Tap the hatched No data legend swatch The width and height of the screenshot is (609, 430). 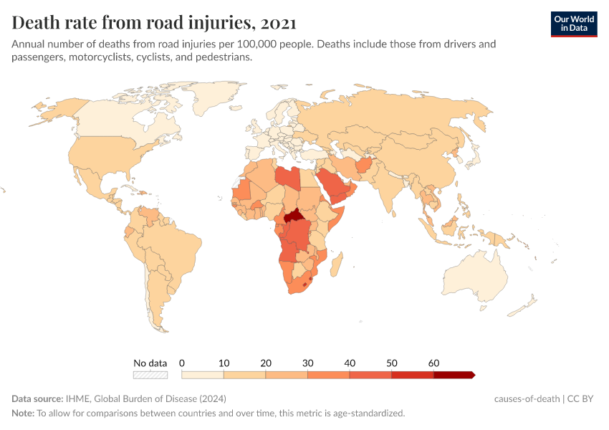150,375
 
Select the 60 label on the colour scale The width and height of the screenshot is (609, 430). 433,363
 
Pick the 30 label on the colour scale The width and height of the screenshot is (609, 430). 307,363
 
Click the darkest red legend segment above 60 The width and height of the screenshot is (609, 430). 454,375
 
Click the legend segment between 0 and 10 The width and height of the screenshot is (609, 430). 203,375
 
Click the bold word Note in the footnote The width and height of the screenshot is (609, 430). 22,414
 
